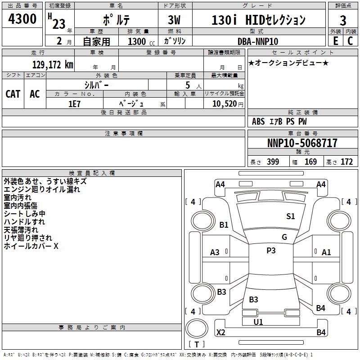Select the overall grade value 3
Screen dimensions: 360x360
343,20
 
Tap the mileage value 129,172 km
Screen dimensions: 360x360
53,65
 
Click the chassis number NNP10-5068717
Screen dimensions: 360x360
302,143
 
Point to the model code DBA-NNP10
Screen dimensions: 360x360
257,41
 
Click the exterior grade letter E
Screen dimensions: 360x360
335,41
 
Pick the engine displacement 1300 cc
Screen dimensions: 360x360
139,41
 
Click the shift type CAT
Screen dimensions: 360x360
13,94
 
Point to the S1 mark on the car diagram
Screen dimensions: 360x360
291,216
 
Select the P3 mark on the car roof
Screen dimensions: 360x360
271,251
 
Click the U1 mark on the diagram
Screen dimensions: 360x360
258,322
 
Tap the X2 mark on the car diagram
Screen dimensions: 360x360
220,333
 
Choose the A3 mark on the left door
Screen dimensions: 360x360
215,252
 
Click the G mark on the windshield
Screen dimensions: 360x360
284,237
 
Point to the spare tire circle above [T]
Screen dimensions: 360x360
197,329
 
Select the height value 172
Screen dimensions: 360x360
346,162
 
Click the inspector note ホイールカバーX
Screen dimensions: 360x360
31,246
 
